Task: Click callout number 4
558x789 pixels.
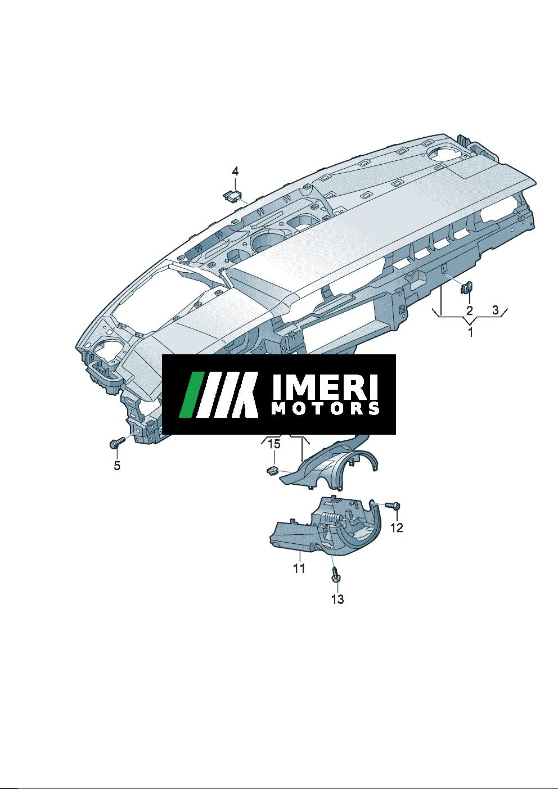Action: (x=235, y=172)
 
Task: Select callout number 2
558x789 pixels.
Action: (x=470, y=310)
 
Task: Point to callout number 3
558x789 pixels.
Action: (x=496, y=310)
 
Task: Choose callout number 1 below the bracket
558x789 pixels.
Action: (x=470, y=332)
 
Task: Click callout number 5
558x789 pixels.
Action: (x=117, y=466)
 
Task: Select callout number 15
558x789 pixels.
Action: (x=274, y=444)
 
